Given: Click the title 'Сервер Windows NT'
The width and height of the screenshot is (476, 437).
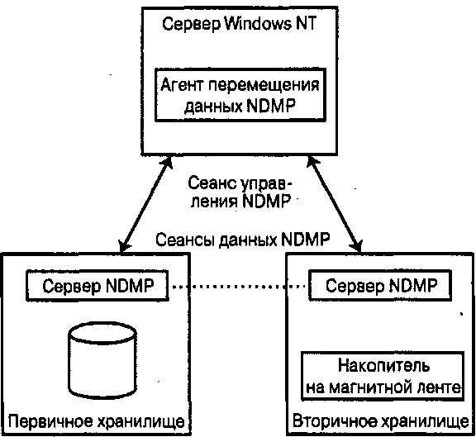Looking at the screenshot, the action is click(240, 24).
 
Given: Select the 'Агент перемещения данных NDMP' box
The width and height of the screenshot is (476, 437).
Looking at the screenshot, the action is click(240, 95).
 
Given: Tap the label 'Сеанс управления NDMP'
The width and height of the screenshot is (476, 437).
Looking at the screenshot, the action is click(240, 192).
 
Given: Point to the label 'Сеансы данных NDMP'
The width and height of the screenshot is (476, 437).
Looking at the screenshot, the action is click(243, 240).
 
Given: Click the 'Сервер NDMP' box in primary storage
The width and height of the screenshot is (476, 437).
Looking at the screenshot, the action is click(98, 286).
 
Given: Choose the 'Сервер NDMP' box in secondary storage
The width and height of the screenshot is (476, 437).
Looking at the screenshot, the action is click(380, 285).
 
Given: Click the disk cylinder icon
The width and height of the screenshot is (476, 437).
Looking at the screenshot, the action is click(102, 360).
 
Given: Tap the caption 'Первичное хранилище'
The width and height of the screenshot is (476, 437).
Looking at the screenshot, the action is click(96, 422).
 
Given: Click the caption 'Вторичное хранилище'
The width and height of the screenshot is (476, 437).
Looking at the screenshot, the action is click(381, 421).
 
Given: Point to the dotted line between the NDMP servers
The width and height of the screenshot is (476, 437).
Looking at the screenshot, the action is click(239, 286).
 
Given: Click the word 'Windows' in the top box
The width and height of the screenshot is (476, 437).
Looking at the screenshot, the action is click(258, 23).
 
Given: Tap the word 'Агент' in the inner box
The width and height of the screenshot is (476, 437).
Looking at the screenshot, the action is click(181, 84).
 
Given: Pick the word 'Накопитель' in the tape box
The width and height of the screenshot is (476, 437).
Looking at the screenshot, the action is click(384, 365).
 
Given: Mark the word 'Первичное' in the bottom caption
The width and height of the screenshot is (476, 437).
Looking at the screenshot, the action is click(50, 422).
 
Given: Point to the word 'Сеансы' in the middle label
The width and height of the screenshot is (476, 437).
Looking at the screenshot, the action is click(185, 240).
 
